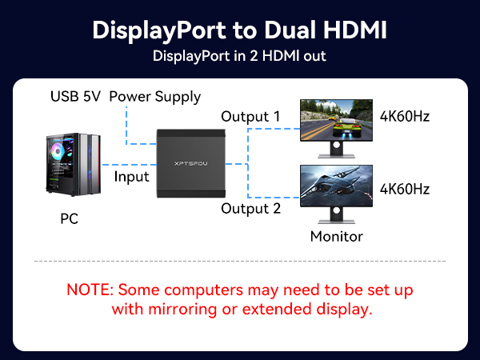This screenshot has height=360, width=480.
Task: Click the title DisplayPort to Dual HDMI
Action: [x=240, y=30]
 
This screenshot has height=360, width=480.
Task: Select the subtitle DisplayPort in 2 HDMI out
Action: [x=240, y=57]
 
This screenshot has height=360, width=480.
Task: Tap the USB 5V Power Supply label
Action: [x=123, y=97]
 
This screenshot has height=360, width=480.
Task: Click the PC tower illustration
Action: [x=70, y=166]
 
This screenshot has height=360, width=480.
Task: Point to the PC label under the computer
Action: [x=70, y=218]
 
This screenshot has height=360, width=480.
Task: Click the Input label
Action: [x=131, y=176]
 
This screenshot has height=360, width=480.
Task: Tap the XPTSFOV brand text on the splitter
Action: [x=190, y=161]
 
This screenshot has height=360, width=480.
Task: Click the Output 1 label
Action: [x=250, y=117]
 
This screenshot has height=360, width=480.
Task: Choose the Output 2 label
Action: [x=250, y=210]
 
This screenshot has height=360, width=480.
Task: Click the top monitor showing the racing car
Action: [x=335, y=122]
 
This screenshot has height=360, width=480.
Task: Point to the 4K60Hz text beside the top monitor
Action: [x=405, y=117]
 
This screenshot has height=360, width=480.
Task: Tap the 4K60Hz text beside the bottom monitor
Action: [x=405, y=189]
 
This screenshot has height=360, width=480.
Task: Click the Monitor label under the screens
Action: [x=336, y=236]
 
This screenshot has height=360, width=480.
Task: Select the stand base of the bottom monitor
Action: [x=335, y=221]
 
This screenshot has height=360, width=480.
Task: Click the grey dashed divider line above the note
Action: [x=240, y=261]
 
